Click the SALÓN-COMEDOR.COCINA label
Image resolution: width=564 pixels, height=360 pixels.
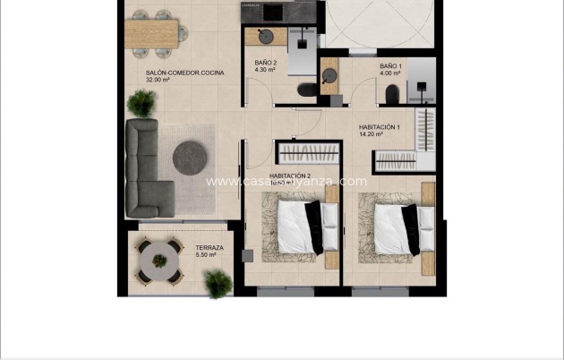[x=184, y=72]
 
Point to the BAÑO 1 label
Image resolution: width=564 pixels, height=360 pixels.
[x=390, y=66]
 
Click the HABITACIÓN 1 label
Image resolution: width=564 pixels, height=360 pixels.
[x=380, y=127]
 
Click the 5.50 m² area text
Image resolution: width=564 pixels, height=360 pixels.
[x=207, y=255]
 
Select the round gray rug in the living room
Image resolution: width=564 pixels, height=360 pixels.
[x=191, y=158]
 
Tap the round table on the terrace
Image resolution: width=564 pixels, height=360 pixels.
[x=159, y=261]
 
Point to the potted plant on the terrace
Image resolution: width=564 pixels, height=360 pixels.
[x=217, y=284]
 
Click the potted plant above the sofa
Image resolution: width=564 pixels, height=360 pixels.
[x=141, y=104]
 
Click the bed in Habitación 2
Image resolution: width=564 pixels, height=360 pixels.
[x=299, y=227]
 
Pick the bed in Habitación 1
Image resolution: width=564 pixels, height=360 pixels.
[x=396, y=228]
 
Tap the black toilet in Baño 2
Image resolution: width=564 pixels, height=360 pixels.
[x=305, y=90]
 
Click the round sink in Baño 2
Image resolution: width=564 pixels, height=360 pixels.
[x=265, y=37]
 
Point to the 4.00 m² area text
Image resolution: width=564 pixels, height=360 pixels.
[x=390, y=74]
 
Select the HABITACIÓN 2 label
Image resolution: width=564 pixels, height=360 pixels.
[x=290, y=176]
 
